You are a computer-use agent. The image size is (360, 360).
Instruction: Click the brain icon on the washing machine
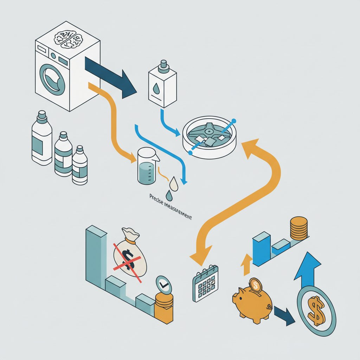coord(68,40)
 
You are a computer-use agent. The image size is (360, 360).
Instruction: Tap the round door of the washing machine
coord(52,79)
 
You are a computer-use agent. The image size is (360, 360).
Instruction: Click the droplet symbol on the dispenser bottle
coord(156,88)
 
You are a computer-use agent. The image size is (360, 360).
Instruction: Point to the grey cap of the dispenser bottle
coord(163,64)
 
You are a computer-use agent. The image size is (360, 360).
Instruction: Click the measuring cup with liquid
coord(147,166)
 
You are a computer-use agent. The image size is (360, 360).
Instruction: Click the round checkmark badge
coord(163,284)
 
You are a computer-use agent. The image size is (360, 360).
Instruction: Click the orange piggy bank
coord(252,301)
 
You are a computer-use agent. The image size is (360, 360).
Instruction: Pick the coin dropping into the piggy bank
coord(256,285)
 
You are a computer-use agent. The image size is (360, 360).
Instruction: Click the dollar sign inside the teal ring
coord(317,311)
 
